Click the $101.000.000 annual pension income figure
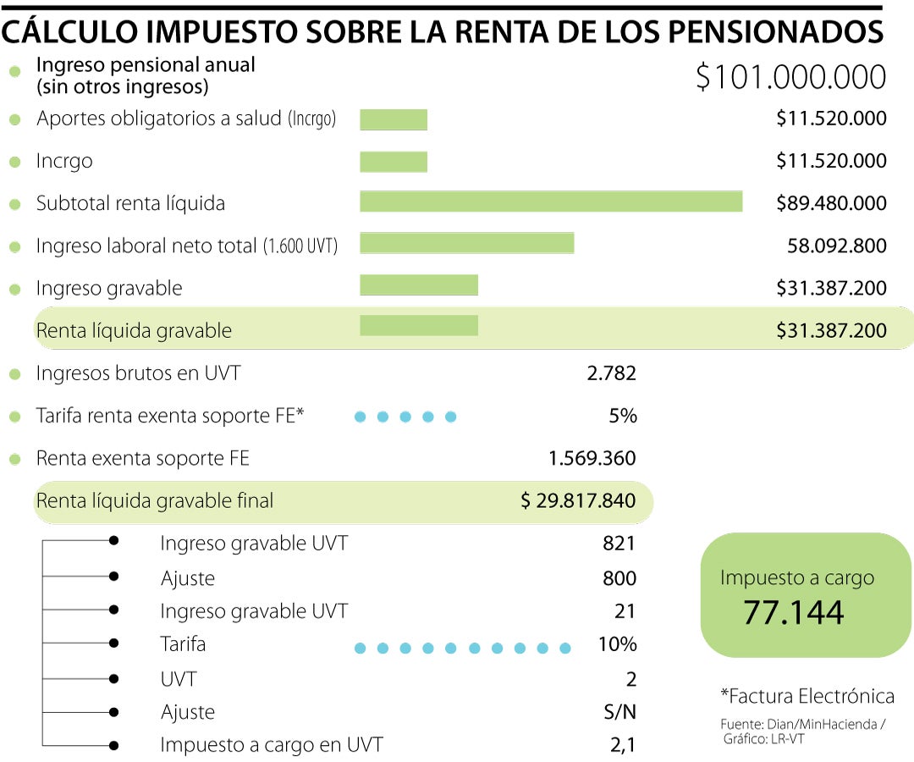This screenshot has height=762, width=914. click(x=790, y=77)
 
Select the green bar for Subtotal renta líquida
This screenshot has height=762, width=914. click(x=551, y=202)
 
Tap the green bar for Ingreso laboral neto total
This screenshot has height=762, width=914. click(x=466, y=244)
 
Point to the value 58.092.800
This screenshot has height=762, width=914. click(x=836, y=246)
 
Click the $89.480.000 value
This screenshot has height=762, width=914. click(x=831, y=204)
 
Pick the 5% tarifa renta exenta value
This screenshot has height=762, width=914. click(x=621, y=416)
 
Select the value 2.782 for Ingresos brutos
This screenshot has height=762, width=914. click(x=611, y=373)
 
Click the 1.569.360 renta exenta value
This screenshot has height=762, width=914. click(x=592, y=459)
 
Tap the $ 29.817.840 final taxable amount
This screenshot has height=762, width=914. click(x=578, y=501)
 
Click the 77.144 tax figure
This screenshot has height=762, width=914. click(x=793, y=612)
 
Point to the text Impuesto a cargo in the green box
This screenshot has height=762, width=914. click(x=796, y=578)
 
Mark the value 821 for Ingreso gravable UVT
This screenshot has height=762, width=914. click(x=619, y=544)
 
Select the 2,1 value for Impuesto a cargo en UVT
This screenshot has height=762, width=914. click(x=623, y=746)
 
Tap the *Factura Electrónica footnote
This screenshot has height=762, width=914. click(x=807, y=697)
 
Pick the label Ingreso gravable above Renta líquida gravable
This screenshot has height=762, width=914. click(x=108, y=289)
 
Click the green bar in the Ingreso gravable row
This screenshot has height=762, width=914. click(x=419, y=286)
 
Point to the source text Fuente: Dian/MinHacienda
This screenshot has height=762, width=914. click(x=802, y=725)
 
